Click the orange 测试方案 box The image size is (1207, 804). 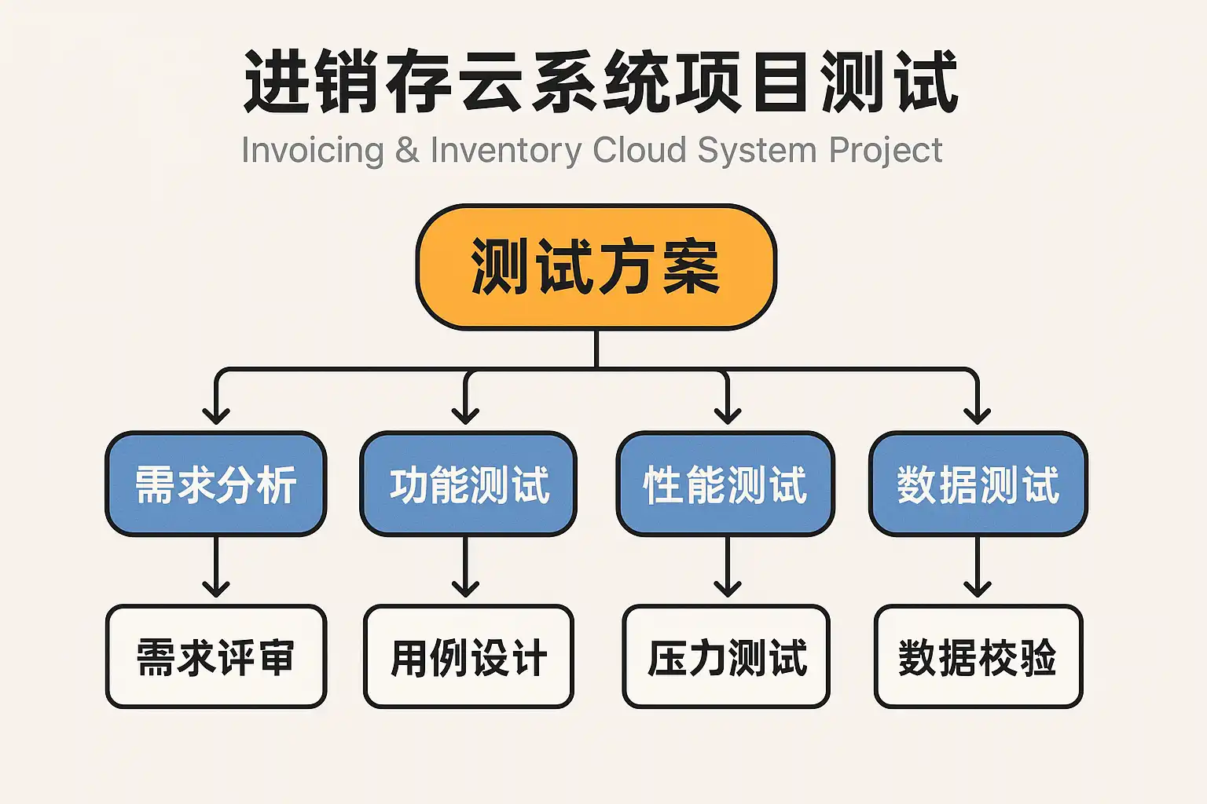click(x=596, y=267)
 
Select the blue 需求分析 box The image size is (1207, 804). click(x=216, y=484)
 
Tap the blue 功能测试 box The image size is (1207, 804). click(x=468, y=484)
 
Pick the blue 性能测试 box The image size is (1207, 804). click(x=725, y=484)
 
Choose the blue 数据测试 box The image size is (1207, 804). click(x=978, y=484)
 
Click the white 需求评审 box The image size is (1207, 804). click(x=216, y=656)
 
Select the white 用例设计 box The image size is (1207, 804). click(x=468, y=656)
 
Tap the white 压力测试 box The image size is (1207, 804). click(x=726, y=656)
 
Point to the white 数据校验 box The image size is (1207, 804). click(x=978, y=656)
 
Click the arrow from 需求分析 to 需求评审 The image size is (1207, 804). click(x=216, y=567)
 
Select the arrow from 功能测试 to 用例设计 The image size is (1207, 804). click(x=466, y=567)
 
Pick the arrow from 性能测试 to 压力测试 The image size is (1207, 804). click(x=728, y=567)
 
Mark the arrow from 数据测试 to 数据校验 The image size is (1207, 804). click(x=978, y=567)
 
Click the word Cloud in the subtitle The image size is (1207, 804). click(x=640, y=150)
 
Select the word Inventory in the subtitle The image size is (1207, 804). click(x=506, y=150)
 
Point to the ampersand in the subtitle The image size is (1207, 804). click(x=407, y=150)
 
